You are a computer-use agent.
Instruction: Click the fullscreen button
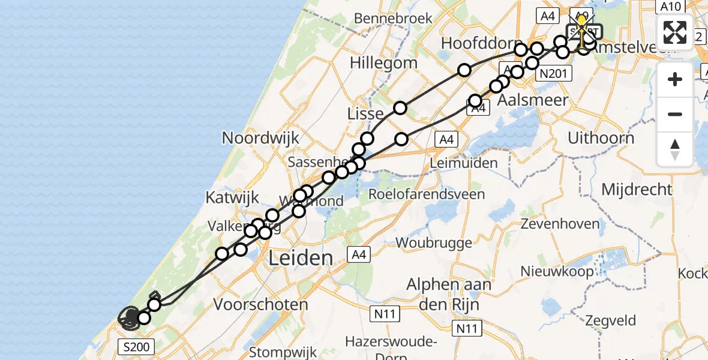click(x=675, y=32)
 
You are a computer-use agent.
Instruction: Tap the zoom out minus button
click(x=675, y=114)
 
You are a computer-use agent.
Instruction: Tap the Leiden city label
click(x=301, y=259)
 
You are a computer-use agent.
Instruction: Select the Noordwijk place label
click(x=260, y=138)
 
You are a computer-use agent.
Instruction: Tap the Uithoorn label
click(x=601, y=138)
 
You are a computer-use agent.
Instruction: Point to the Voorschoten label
click(x=261, y=304)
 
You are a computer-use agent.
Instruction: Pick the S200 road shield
click(x=137, y=346)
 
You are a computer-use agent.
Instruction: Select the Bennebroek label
click(x=394, y=19)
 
